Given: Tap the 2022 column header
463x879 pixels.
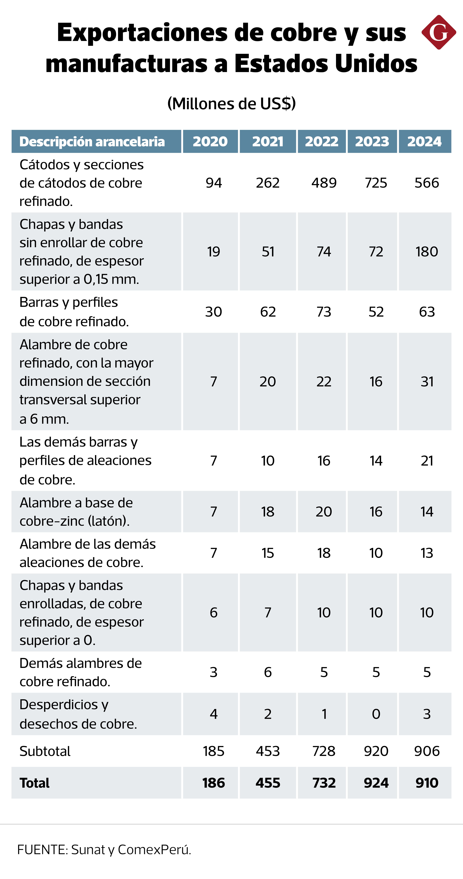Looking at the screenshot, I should (x=322, y=141).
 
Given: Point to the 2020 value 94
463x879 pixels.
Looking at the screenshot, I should (x=214, y=183).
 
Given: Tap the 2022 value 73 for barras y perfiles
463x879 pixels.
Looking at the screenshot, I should (x=324, y=312).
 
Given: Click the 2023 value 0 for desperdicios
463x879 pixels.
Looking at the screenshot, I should (x=376, y=714).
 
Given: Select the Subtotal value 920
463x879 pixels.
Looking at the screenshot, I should (x=376, y=751).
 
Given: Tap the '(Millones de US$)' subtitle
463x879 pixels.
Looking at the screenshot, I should (x=231, y=103).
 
